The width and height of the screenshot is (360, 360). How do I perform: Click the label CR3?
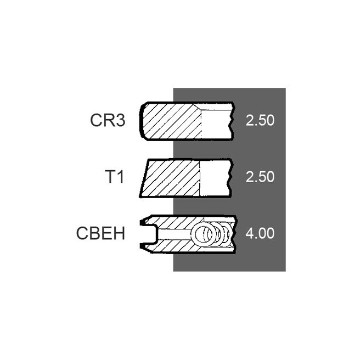coord(108,121)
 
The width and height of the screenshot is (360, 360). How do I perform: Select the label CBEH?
coord(101,234)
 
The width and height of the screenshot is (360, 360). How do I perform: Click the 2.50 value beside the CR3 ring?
coord(260,121)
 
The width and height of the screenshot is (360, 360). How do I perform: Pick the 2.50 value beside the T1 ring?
coord(260,177)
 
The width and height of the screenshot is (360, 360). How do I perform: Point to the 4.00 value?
coord(260,234)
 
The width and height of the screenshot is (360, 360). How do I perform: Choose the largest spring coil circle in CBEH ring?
coord(201,235)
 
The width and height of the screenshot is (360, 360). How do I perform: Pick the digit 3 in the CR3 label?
coord(120,121)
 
